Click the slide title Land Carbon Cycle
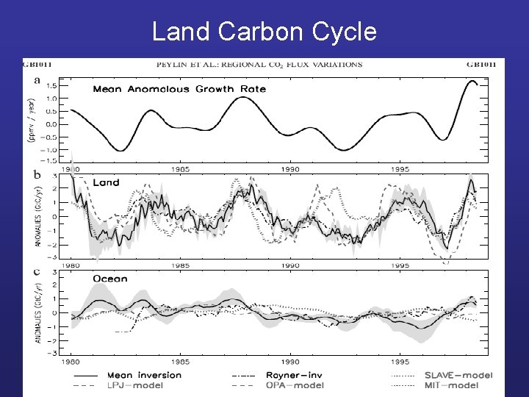click(x=264, y=32)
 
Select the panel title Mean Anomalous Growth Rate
click(x=179, y=90)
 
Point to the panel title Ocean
click(x=110, y=279)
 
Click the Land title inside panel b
click(x=106, y=183)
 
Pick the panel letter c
click(x=37, y=271)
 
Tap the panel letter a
click(x=37, y=80)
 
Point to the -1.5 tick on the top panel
click(x=50, y=160)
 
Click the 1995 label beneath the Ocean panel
click(x=400, y=362)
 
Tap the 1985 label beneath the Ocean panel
click(x=180, y=362)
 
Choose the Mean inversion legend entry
click(x=144, y=375)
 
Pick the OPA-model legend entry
click(x=294, y=385)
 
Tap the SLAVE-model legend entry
click(x=458, y=375)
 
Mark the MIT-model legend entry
click(x=451, y=385)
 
